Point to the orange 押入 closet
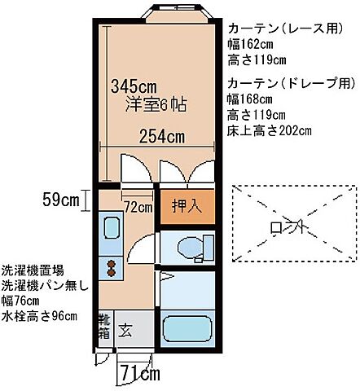click(187, 207)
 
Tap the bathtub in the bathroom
click(187, 330)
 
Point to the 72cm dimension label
click(138, 208)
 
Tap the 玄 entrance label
click(127, 330)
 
